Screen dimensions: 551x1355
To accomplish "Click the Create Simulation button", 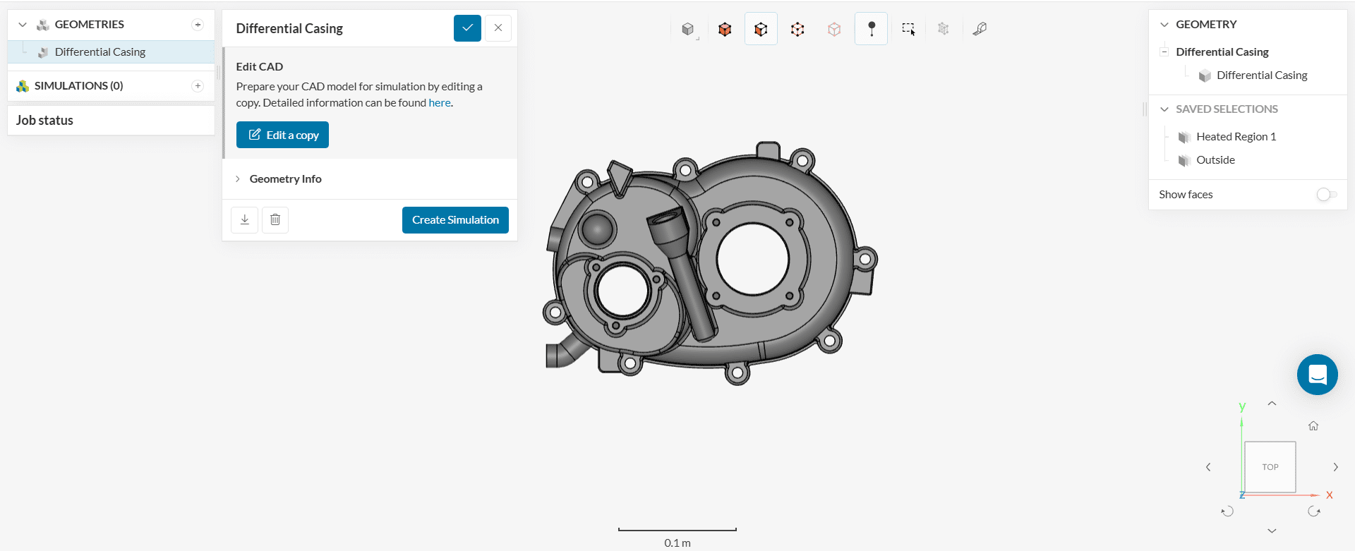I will [x=455, y=220].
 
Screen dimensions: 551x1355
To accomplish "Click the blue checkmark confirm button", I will [x=467, y=28].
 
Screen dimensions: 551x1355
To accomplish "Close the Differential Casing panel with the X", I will [x=498, y=28].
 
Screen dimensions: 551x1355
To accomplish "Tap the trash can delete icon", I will [x=275, y=220].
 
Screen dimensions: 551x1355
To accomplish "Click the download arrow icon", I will [x=245, y=220].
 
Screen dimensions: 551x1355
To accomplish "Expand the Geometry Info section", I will [x=285, y=179].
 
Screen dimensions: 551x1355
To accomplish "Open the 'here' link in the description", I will [x=439, y=103].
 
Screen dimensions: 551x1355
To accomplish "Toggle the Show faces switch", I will [x=1326, y=195].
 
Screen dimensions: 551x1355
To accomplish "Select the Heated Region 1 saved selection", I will [x=1236, y=137].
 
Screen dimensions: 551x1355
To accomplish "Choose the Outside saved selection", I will [x=1215, y=160].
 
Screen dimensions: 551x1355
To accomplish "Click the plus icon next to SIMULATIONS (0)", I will [x=198, y=86].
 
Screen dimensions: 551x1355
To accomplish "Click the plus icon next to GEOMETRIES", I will [x=198, y=25].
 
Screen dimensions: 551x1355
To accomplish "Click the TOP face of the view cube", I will [x=1270, y=467].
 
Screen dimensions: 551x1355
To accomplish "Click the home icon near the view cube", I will [x=1313, y=426].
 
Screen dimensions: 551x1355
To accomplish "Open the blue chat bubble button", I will [x=1317, y=375].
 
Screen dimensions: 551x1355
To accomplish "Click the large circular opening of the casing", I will [x=752, y=259].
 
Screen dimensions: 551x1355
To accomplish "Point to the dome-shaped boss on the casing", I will [x=598, y=229].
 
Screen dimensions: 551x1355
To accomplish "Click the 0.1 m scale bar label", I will [x=677, y=543].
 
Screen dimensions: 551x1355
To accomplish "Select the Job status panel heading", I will [x=45, y=121].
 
